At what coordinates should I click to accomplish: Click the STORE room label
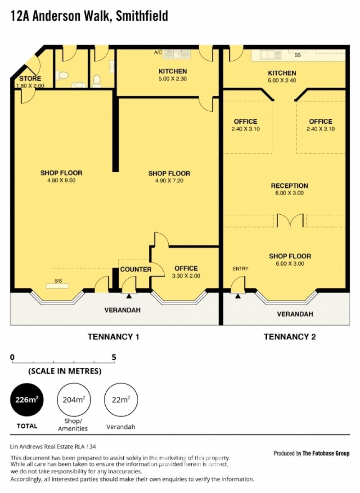(x=30, y=78)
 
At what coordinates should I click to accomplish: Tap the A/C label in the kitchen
(x=158, y=53)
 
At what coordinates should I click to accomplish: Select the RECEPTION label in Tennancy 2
(x=289, y=185)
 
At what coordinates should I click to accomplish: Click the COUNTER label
(x=136, y=269)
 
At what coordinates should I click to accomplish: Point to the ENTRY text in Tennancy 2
(x=240, y=268)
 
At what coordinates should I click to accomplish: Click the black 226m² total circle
(x=27, y=399)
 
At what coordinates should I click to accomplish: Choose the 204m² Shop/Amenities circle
(x=73, y=399)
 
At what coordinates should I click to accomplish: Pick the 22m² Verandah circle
(x=121, y=399)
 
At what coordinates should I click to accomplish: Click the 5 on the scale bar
(x=114, y=357)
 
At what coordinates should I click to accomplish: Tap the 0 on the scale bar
(x=12, y=357)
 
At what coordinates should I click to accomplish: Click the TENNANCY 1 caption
(x=113, y=337)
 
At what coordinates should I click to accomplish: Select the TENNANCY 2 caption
(x=290, y=337)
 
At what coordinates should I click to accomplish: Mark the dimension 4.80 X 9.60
(x=61, y=181)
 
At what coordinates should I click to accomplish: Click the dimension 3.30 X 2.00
(x=186, y=276)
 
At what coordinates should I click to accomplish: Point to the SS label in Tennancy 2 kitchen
(x=297, y=55)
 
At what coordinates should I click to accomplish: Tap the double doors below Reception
(x=290, y=221)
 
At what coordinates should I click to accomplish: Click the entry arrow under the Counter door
(x=129, y=296)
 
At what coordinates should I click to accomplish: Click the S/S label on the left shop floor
(x=58, y=281)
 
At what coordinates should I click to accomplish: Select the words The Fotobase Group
(x=326, y=453)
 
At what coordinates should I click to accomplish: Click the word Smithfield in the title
(x=142, y=16)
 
